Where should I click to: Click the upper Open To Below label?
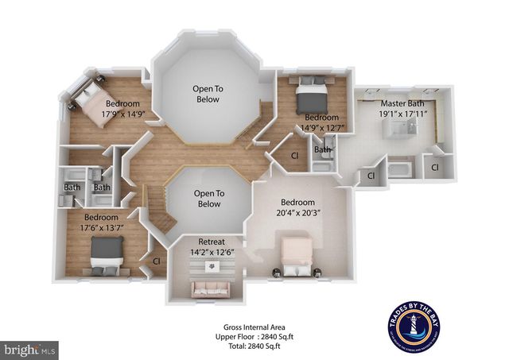click(x=208, y=93)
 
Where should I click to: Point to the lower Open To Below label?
click(x=208, y=198)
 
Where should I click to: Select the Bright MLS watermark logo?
click(x=30, y=348)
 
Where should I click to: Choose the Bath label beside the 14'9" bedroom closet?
click(x=321, y=149)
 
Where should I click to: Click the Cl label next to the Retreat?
click(x=156, y=260)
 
